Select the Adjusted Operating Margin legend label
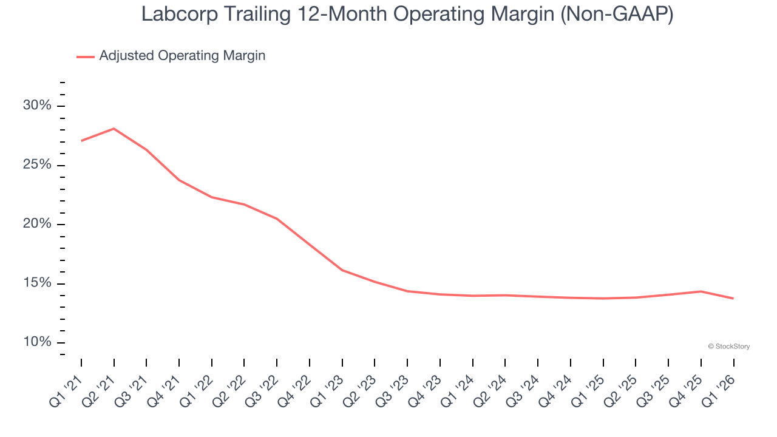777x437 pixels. [182, 56]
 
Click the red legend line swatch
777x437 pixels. [86, 56]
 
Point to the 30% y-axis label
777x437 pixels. [38, 106]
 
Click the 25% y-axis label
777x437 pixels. [38, 165]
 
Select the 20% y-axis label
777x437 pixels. [38, 224]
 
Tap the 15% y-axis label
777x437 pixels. [38, 283]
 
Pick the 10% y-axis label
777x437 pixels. [38, 342]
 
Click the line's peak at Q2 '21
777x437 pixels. [114, 129]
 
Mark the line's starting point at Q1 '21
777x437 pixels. [81, 141]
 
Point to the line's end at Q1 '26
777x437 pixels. [733, 298]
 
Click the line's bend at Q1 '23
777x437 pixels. [342, 270]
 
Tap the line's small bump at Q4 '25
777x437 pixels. [701, 291]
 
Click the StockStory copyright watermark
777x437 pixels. [728, 347]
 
